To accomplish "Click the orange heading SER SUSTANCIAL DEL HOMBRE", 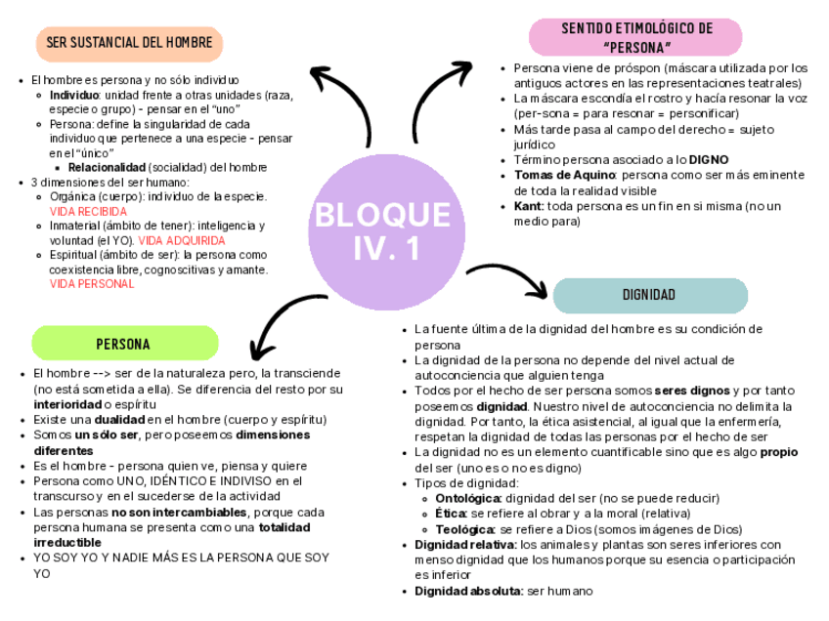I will (129, 44).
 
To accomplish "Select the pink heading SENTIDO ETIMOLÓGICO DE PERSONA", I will (636, 37).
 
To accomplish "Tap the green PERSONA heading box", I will (124, 344).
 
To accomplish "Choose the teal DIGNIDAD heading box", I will (649, 295).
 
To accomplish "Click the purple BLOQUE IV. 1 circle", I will (382, 230).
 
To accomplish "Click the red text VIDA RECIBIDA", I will (88, 211).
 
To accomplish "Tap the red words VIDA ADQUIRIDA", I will (182, 240).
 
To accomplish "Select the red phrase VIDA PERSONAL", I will (91, 284).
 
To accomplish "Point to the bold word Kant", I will (528, 206).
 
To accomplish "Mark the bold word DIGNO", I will (708, 159).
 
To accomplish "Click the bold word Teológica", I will (453, 529).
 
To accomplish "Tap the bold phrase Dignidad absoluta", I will (467, 591).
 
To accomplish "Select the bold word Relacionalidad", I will (107, 168).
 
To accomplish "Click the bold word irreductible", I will (66, 542).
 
